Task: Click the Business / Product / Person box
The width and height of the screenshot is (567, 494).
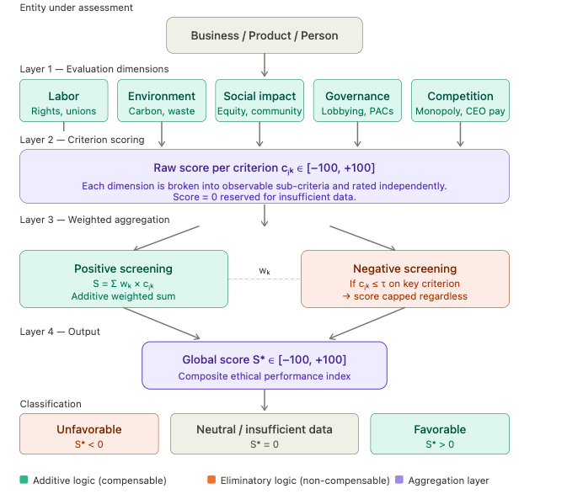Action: click(x=265, y=35)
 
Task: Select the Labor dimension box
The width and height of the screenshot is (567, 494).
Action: click(x=64, y=101)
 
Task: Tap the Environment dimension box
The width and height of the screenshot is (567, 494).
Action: click(x=162, y=101)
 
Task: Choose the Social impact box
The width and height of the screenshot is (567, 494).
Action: click(x=259, y=101)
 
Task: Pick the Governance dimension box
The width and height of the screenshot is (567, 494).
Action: click(x=357, y=101)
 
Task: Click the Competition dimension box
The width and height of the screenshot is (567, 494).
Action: click(x=460, y=101)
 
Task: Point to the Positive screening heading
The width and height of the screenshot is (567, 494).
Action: click(x=123, y=268)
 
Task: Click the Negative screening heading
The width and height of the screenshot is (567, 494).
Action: click(x=404, y=268)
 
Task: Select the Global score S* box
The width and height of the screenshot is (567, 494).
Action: click(x=265, y=365)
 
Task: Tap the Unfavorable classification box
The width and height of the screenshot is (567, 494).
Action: click(x=89, y=434)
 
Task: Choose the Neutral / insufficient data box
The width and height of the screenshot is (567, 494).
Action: click(x=265, y=434)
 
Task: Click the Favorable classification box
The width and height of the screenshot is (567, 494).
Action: click(x=440, y=434)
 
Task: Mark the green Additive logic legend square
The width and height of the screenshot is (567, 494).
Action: click(x=24, y=481)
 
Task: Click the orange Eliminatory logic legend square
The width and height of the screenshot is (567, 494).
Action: click(x=211, y=481)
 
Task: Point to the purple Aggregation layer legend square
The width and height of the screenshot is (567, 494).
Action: click(x=399, y=481)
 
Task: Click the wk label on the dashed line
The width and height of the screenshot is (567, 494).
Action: click(x=265, y=271)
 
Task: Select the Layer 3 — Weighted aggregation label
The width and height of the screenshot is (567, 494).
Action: click(x=95, y=220)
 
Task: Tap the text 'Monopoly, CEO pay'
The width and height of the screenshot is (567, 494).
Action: click(x=460, y=111)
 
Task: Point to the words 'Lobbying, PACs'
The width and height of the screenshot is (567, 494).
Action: click(x=357, y=111)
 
